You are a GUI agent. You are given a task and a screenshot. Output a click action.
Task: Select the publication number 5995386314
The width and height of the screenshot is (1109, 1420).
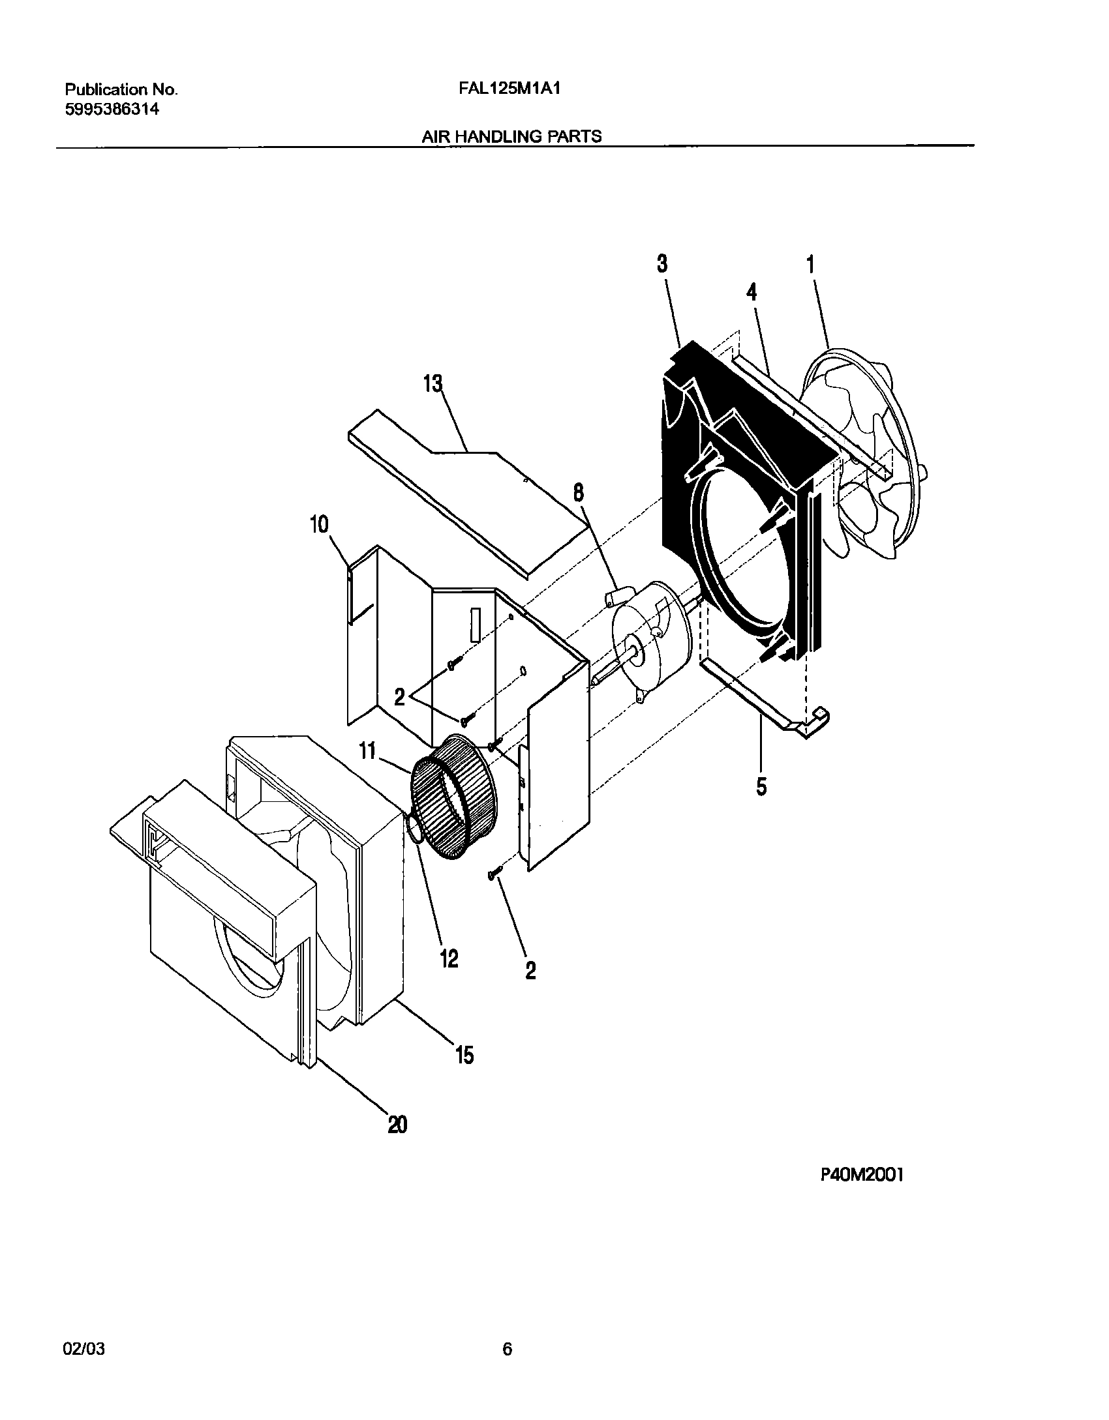point(112,109)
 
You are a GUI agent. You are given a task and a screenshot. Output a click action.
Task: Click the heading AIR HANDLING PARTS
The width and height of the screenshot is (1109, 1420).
point(511,136)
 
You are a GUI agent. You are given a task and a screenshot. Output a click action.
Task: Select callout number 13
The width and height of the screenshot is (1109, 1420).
point(433,384)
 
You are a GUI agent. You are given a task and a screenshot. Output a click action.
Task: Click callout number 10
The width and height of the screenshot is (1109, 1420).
point(319,525)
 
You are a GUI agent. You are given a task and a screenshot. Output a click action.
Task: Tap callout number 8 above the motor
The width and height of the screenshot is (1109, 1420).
point(579,493)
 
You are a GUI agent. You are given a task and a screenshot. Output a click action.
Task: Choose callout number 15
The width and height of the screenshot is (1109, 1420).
point(464,1054)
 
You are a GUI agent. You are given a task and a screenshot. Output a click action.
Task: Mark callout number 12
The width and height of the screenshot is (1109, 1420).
point(449,958)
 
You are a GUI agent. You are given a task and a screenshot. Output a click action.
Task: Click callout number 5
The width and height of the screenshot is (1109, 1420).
point(761,786)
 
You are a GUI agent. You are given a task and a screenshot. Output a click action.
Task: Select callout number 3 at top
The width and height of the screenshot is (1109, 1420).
point(662,264)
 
